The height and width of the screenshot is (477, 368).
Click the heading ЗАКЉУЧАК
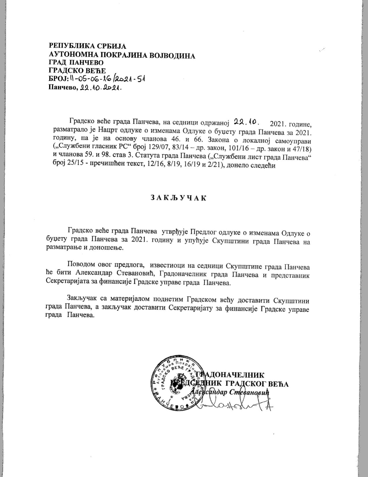pyautogui.click(x=179, y=198)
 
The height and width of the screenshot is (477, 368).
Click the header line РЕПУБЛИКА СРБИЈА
pyautogui.click(x=88, y=46)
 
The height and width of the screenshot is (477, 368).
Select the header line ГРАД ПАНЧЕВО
pyautogui.click(x=76, y=63)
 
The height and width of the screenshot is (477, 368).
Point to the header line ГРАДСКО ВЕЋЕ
pyautogui.click(x=77, y=70)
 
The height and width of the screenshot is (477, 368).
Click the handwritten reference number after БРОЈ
pyautogui.click(x=107, y=79)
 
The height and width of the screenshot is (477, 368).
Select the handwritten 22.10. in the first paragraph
pyautogui.click(x=246, y=123)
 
